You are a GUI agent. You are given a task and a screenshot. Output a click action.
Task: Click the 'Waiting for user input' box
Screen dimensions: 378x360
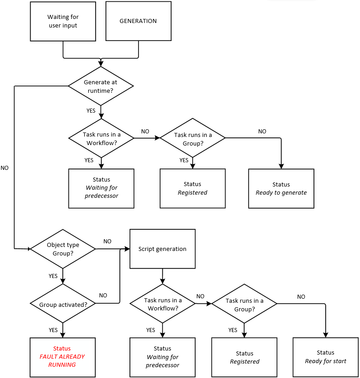click(63, 21)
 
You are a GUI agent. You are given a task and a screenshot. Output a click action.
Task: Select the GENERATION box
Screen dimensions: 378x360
click(138, 21)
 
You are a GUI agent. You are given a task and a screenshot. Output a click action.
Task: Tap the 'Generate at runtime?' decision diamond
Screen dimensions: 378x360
click(101, 86)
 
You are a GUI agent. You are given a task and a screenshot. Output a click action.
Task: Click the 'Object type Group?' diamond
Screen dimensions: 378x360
click(63, 249)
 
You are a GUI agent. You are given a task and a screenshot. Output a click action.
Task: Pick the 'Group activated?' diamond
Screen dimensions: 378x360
click(63, 304)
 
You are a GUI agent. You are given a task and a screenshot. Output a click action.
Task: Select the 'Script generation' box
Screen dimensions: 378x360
click(162, 249)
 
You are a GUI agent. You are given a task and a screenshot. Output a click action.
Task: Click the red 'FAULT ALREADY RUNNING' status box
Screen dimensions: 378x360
click(62, 357)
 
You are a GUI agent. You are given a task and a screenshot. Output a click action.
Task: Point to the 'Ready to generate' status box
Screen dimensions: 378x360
click(281, 188)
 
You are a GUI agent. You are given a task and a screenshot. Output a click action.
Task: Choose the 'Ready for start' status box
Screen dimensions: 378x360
click(325, 357)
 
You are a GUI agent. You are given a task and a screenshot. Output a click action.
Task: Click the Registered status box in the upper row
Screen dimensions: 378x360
click(192, 188)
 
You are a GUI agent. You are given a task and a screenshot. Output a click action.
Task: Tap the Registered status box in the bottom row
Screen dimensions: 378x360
click(245, 357)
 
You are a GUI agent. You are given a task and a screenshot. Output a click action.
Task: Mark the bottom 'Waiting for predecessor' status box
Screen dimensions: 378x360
click(162, 357)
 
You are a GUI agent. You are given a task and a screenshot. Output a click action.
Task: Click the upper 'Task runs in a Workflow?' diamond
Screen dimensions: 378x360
click(101, 138)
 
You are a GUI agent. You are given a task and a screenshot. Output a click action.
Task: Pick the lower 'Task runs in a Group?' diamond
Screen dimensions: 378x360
click(245, 305)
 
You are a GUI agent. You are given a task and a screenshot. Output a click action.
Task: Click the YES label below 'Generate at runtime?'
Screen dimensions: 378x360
click(91, 110)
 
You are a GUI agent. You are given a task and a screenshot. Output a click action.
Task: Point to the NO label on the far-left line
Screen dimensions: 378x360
click(5, 168)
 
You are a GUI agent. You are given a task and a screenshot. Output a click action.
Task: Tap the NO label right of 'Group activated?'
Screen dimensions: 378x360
click(103, 296)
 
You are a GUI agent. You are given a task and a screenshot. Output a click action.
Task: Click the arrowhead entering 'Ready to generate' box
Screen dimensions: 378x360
click(281, 166)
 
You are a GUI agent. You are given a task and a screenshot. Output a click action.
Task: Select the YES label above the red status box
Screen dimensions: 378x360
click(53, 330)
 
